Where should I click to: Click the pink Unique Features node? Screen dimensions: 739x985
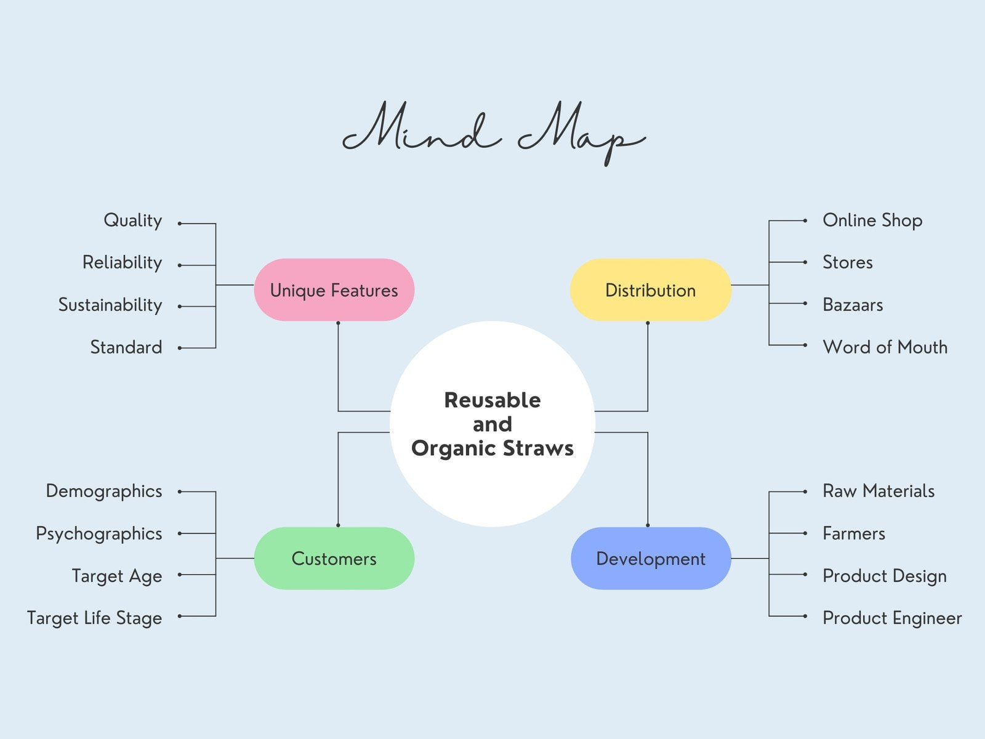334,289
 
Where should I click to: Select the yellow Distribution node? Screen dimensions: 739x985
650,289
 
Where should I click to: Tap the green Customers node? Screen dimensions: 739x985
334,558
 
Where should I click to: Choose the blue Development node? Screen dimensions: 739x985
651,558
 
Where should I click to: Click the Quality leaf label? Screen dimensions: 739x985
132,220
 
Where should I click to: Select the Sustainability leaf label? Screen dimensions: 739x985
110,305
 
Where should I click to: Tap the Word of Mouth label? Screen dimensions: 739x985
885,347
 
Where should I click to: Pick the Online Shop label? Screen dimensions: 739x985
872,220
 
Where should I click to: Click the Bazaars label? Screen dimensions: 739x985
853,305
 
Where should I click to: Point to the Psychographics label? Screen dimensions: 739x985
99,533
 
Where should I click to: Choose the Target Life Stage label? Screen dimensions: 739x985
94,618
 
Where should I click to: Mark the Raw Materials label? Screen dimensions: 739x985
878,491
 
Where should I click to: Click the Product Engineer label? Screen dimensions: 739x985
892,618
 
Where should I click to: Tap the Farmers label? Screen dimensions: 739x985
854,533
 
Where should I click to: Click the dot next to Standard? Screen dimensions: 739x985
180,348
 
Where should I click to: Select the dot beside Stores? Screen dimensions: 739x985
805,262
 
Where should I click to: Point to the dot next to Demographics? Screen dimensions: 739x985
180,491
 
